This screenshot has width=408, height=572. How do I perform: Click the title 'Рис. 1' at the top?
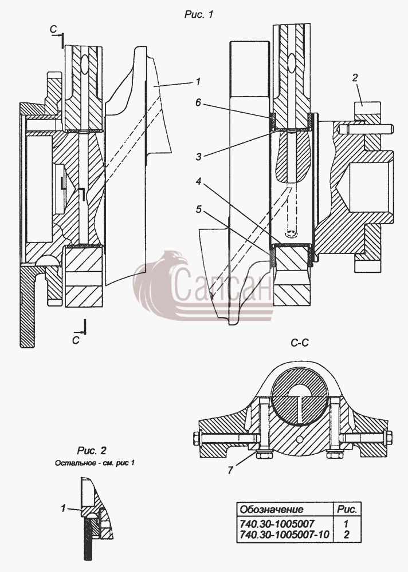tap(198, 15)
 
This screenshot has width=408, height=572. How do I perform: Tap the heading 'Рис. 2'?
tap(92, 451)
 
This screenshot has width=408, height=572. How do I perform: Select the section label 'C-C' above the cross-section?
tap(300, 343)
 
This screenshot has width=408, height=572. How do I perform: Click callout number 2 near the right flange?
tap(355, 77)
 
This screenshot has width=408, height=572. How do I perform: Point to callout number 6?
tap(198, 102)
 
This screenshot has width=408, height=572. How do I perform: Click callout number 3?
tap(198, 157)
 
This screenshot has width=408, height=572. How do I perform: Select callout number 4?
tap(198, 181)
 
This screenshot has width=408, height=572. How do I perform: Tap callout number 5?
tap(198, 209)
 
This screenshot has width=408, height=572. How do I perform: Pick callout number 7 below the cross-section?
tap(230, 470)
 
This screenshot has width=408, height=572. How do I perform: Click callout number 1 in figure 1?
tap(198, 81)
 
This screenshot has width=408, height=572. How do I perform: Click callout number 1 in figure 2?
tap(63, 508)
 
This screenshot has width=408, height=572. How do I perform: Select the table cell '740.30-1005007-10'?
tap(284, 534)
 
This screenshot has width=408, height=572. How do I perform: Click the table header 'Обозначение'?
tap(271, 509)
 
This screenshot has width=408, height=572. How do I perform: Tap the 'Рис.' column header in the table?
tap(347, 509)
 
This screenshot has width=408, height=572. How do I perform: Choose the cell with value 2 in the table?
tap(346, 534)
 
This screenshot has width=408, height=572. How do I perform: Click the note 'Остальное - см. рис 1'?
tap(95, 463)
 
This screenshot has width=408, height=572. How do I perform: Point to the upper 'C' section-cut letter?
tap(54, 29)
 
